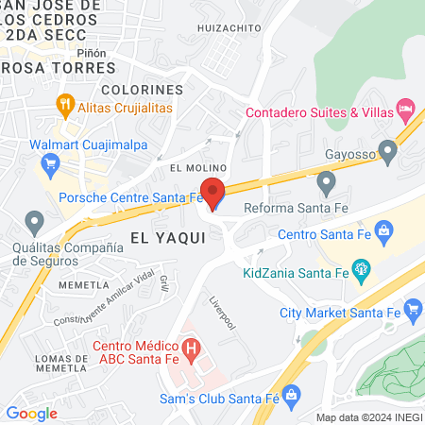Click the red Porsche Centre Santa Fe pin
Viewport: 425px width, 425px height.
213,194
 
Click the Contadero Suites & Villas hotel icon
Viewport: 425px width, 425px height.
405,109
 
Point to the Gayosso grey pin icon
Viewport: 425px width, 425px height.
387,151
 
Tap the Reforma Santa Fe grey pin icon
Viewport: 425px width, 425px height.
326,180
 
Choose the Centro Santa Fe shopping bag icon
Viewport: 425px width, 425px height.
383,229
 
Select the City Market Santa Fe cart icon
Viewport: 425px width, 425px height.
412,308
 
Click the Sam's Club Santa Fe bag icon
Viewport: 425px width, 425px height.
291,392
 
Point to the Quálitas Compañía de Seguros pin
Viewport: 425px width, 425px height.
35,224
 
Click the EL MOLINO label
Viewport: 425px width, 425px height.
195,167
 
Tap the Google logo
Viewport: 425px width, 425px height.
31,413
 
